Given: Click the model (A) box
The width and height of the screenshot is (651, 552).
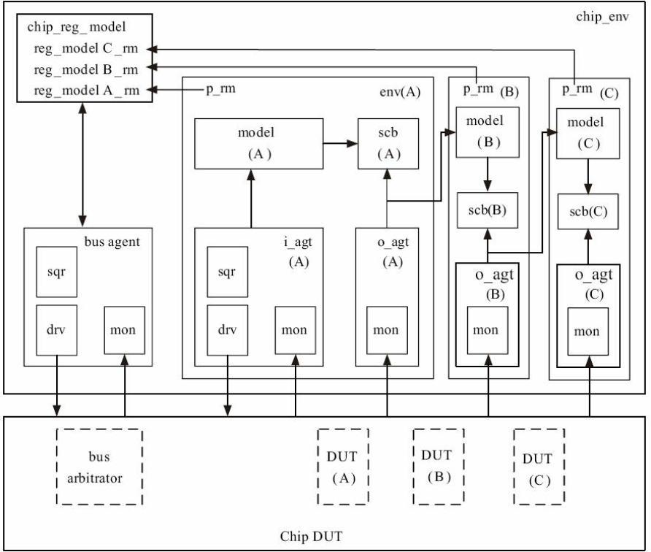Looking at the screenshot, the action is click(x=258, y=144).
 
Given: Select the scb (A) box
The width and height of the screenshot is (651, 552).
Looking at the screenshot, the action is click(x=388, y=144).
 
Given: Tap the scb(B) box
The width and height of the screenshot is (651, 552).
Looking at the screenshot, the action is click(x=488, y=210).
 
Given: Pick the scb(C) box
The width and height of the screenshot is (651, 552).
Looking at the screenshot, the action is click(x=588, y=212).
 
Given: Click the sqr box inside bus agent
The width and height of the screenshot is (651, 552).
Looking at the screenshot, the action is click(x=56, y=272).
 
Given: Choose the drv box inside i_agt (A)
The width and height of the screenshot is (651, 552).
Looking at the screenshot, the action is click(x=228, y=330).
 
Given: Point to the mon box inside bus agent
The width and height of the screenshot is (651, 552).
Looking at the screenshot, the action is click(x=124, y=330).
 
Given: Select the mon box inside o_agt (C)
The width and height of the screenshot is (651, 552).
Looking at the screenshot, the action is click(x=588, y=331).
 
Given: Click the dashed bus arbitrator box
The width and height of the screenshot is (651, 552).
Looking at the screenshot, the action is click(x=99, y=467).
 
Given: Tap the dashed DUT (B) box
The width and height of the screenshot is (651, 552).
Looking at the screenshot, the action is click(x=439, y=467).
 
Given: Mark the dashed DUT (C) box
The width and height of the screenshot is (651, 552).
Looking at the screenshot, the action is click(x=539, y=467).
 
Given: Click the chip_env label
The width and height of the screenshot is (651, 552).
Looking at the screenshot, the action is click(x=602, y=17).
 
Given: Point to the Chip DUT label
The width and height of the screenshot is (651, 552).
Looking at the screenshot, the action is click(x=311, y=536).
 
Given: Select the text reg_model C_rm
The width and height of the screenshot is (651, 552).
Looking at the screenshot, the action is click(x=86, y=49).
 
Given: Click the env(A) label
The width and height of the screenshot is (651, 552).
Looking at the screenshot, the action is click(x=400, y=92).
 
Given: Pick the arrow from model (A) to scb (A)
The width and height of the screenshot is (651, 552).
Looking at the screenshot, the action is click(x=340, y=144).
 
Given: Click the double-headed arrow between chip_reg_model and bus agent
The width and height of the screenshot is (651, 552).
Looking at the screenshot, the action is click(x=82, y=165).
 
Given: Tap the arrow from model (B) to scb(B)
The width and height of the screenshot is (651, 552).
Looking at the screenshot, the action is click(x=488, y=175).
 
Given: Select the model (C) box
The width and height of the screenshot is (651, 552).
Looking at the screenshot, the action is click(x=588, y=134).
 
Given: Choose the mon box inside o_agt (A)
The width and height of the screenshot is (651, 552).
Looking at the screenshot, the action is click(x=387, y=330).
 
